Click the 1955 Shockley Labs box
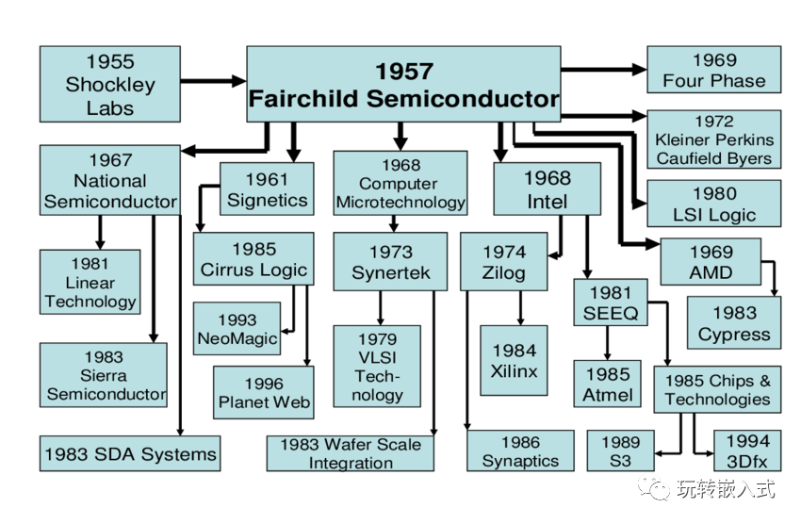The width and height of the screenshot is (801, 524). tap(110, 84)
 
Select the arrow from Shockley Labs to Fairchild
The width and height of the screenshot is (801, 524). tap(214, 81)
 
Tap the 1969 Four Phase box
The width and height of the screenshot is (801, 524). tap(713, 70)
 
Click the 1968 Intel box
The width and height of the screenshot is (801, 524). tap(548, 189)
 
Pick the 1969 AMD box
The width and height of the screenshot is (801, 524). tap(711, 261)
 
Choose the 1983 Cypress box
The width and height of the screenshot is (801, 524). tap(734, 322)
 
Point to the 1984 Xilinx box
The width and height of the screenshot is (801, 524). tap(514, 361)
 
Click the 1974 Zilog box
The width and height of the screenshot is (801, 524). tap(504, 262)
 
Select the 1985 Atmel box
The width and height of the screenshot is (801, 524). tap(608, 385)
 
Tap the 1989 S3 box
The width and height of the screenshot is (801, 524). tap(621, 451)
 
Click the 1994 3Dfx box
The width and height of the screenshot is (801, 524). tap(747, 451)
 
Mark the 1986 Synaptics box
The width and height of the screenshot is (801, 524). tap(520, 451)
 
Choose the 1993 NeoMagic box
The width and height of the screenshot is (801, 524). tap(237, 328)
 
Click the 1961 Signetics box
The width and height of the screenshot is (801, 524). tap(268, 189)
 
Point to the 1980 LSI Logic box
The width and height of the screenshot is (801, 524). tap(713, 204)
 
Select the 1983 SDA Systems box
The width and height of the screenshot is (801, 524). tap(130, 453)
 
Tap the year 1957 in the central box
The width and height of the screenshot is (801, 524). tap(404, 71)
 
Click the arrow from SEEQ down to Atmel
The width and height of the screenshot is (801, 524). tap(608, 343)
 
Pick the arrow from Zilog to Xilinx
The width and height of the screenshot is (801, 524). tap(520, 308)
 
